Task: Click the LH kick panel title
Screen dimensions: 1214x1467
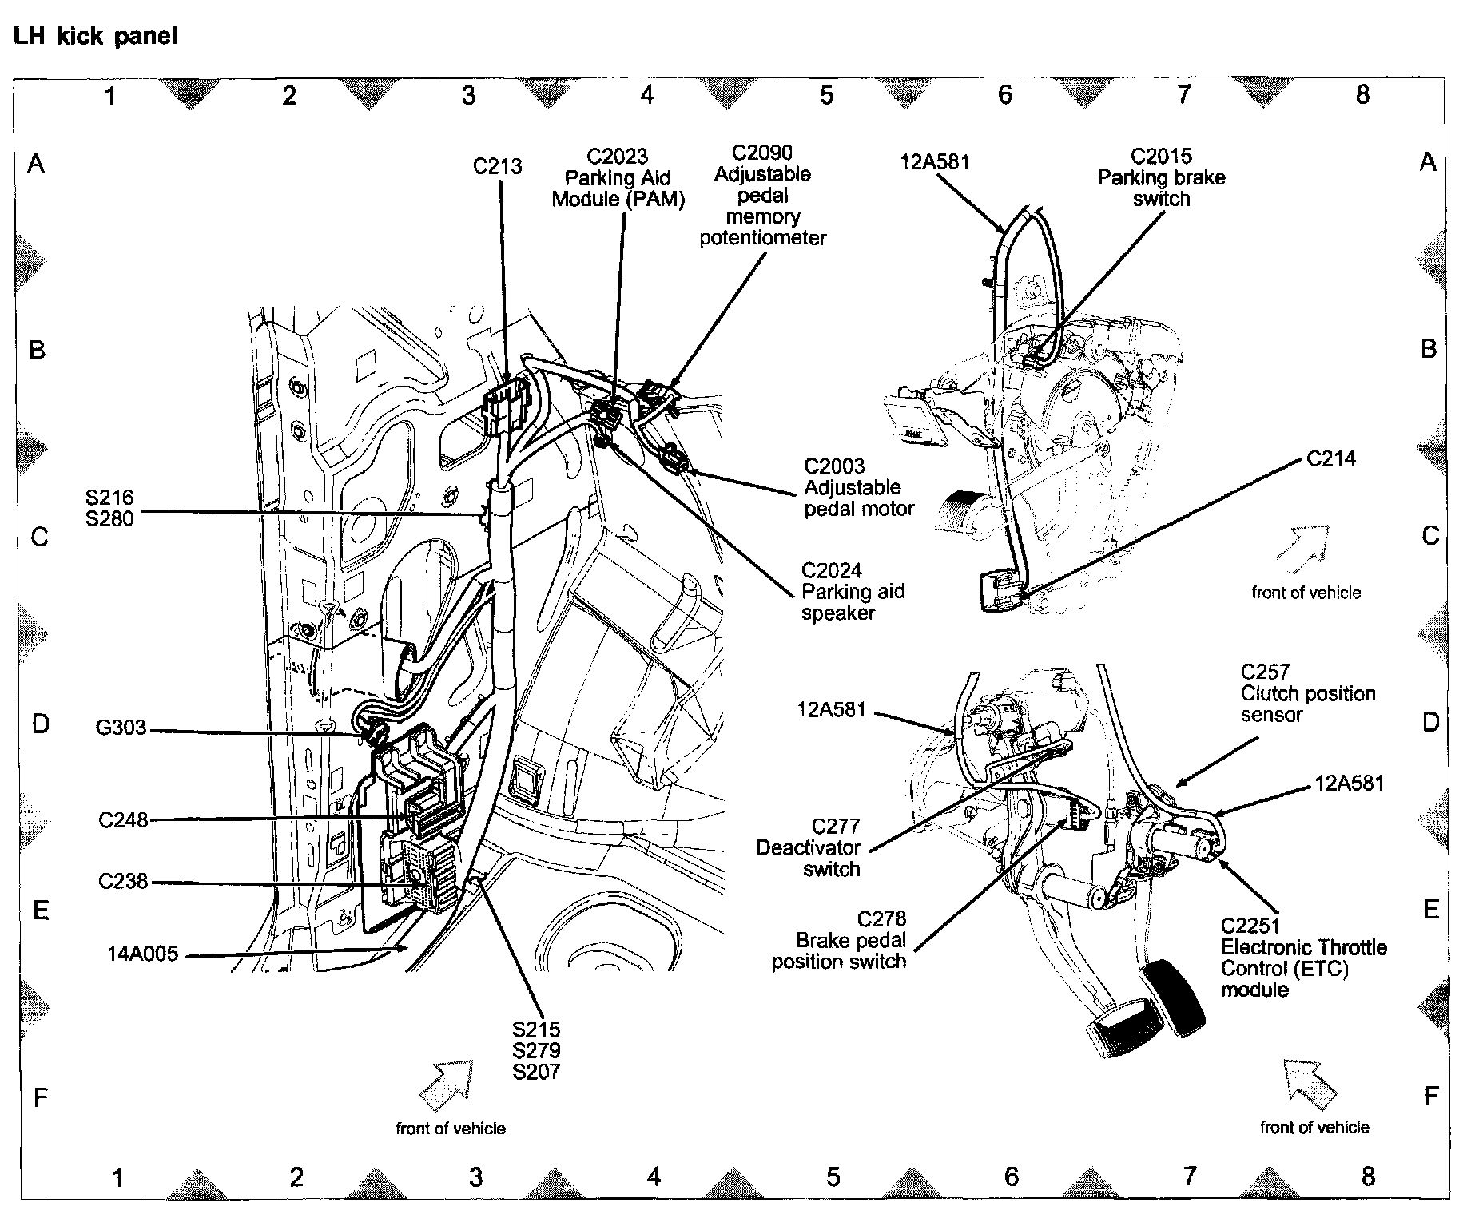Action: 95,37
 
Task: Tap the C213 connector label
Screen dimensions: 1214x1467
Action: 497,166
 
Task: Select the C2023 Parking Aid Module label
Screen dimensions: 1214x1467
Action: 618,177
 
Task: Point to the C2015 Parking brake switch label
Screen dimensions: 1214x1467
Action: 1161,177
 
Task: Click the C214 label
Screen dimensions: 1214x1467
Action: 1331,458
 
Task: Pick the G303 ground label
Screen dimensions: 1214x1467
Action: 121,728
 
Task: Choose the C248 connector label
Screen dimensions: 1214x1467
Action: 123,820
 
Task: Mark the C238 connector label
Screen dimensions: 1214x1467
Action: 123,881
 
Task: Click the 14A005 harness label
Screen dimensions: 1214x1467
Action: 143,954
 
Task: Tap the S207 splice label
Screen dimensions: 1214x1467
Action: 536,1072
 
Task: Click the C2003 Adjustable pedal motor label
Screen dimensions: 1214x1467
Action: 858,487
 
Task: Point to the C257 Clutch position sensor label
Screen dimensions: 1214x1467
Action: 1307,693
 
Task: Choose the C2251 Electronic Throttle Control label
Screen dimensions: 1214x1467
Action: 1302,958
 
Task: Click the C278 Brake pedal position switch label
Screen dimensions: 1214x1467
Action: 839,941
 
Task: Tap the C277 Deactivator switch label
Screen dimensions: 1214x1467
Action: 813,847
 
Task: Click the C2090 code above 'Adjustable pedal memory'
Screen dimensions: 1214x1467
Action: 762,153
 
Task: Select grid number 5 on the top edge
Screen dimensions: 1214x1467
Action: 826,96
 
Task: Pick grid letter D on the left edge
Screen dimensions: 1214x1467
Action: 40,724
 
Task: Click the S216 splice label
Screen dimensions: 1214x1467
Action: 109,498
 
